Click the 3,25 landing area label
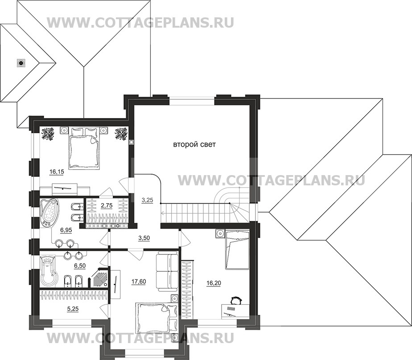coord(147,200)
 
